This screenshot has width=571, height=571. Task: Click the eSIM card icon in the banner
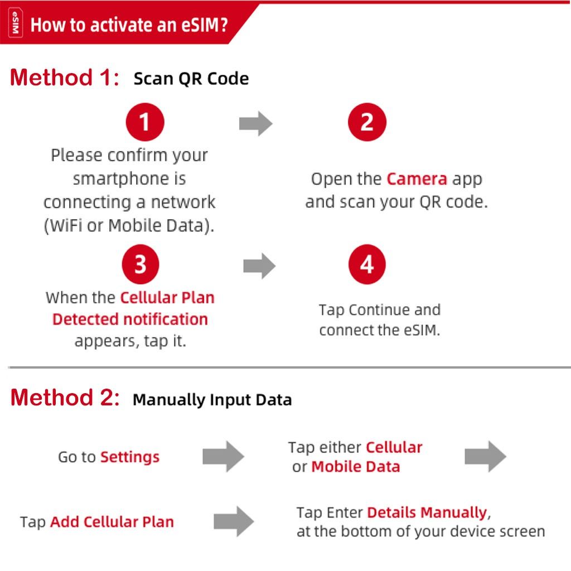15,22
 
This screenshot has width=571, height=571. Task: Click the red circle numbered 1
145,122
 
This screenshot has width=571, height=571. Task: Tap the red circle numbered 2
367,122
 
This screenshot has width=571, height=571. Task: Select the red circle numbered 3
141,264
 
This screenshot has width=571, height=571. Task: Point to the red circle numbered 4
367,264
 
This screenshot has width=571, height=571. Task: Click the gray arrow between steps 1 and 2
255,123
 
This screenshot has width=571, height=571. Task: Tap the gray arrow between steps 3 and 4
259,266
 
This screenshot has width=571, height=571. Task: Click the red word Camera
417,179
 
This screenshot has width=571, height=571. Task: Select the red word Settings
129,457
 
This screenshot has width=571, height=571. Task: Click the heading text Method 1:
65,78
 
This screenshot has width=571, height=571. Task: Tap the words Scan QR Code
191,79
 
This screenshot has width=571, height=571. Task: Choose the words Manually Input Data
212,400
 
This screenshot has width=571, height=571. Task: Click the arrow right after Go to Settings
223,456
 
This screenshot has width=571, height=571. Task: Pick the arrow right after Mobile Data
486,456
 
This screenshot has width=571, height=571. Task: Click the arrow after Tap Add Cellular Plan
234,521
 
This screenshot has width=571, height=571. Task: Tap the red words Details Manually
427,512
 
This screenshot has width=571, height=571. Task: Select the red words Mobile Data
356,467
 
